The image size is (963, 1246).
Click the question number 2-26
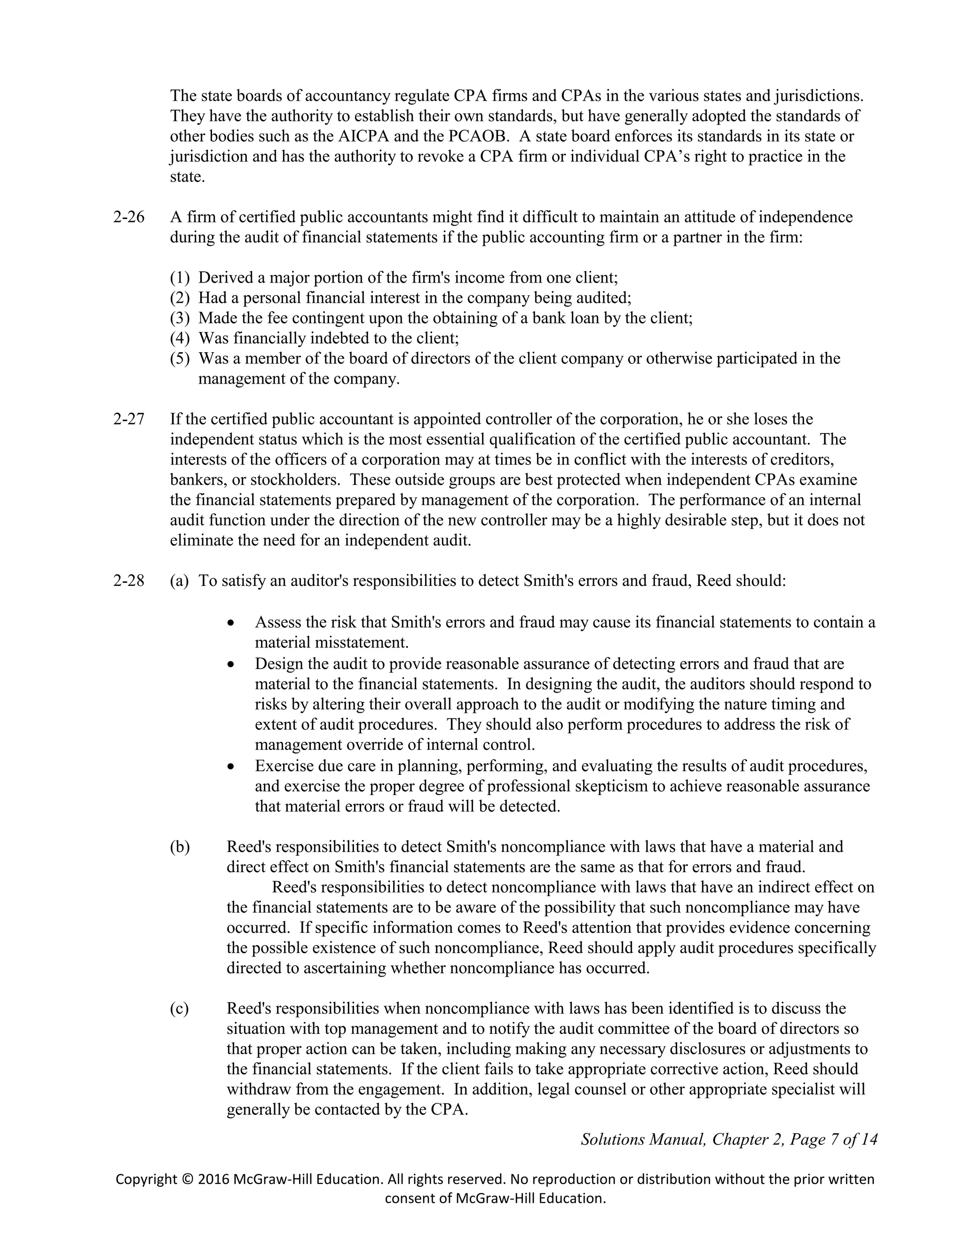129,217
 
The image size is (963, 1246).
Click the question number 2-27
129,419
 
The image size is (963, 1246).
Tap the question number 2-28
129,581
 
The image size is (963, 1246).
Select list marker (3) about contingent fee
180,318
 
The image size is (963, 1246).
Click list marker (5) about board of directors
180,359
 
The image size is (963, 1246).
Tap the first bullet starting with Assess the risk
230,623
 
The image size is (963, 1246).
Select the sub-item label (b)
180,847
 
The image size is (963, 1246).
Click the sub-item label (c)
180,1009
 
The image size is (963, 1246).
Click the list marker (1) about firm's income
180,278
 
